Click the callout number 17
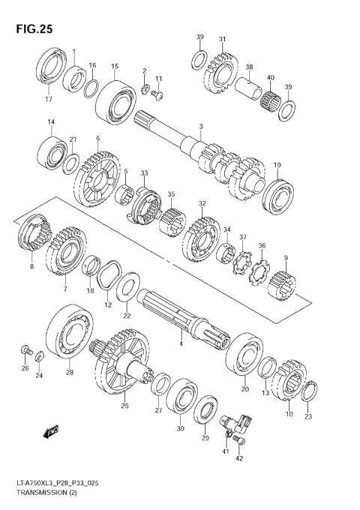pos(49,100)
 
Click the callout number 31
pos(222,39)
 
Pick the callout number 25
pos(124,406)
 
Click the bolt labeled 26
pos(25,350)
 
